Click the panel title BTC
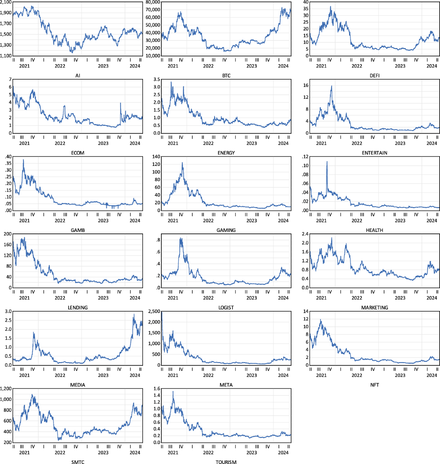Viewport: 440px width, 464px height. click(226, 76)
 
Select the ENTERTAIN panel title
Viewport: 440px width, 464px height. click(374, 153)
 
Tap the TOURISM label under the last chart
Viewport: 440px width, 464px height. click(226, 462)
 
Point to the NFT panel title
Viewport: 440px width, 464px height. click(374, 385)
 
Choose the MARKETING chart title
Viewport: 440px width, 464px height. click(374, 308)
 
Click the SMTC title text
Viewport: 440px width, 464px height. click(78, 462)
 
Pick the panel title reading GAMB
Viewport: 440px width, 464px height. click(78, 231)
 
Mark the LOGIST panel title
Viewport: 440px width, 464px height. click(226, 308)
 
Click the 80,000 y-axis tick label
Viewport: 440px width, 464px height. click(153, 2)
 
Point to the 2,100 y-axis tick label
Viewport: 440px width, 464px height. click(6, 2)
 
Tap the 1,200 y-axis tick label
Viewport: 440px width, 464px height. click(6, 389)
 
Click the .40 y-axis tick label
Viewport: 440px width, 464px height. click(8, 157)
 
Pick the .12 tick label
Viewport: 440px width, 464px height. click(305, 157)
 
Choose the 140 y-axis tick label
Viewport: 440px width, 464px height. click(156, 157)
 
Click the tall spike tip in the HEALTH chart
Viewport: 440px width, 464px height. click(327, 162)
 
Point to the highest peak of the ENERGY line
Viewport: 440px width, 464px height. click(171, 82)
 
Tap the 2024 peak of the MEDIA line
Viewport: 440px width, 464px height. click(134, 314)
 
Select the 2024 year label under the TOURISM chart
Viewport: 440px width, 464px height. click(283, 453)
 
